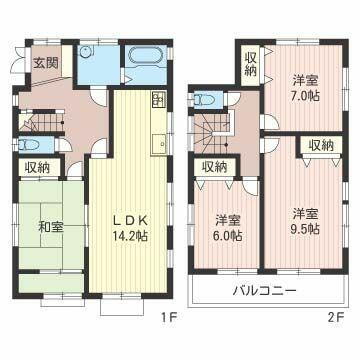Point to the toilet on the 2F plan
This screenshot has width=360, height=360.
pos(204,99)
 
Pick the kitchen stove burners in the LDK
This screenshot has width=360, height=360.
pos(158,99)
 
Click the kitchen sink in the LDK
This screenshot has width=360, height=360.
pos(158,144)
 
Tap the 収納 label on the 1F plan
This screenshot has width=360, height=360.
pos(37,169)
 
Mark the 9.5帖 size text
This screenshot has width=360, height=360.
pos(305,229)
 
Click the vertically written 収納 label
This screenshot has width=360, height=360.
pos(250,63)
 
